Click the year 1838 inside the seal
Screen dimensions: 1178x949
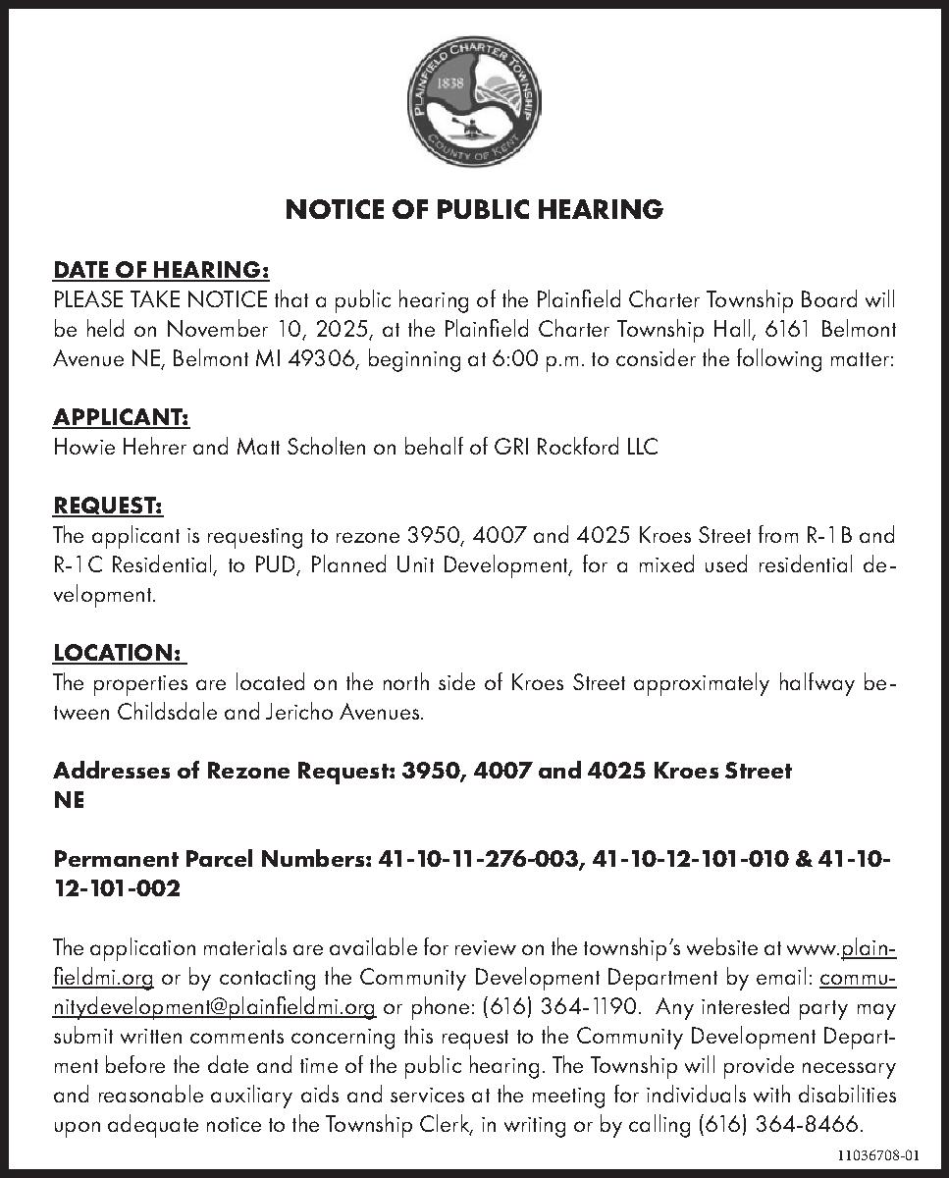(x=449, y=83)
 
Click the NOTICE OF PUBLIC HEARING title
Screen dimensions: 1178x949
(x=474, y=209)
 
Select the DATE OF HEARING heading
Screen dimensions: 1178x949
(x=161, y=269)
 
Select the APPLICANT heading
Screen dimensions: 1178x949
(x=121, y=417)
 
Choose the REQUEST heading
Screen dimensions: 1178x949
(x=108, y=507)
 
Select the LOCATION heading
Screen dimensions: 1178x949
(x=118, y=654)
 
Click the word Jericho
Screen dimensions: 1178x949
(x=292, y=713)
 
